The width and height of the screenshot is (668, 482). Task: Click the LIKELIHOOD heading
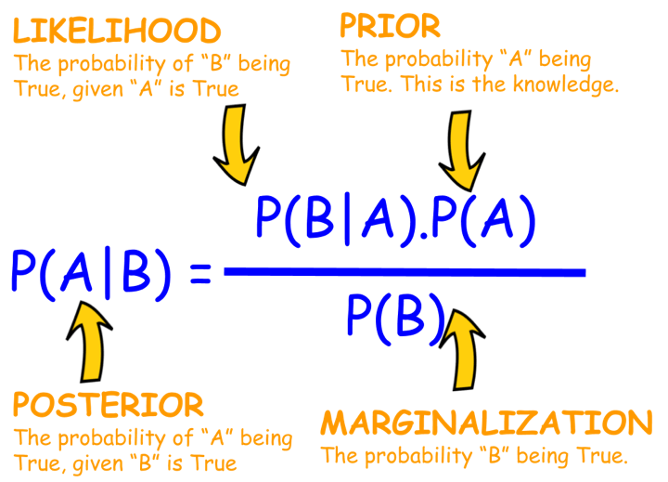[x=117, y=31]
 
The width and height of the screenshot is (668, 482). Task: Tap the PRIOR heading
[x=390, y=26]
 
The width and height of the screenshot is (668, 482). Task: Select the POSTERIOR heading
[x=109, y=405]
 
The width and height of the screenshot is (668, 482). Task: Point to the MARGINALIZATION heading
[x=486, y=423]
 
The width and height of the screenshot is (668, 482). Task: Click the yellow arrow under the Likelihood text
[x=237, y=144]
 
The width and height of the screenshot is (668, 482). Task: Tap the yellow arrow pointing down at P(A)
[x=462, y=150]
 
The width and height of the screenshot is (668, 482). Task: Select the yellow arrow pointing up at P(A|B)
[x=89, y=341]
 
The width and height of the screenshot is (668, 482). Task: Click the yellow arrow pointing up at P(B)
[x=462, y=350]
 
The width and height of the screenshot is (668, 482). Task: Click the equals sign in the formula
[x=200, y=274]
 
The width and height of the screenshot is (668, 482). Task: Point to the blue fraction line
[x=405, y=272]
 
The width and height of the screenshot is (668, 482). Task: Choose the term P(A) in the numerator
[x=483, y=221]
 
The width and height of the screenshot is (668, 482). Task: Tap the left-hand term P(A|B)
[x=91, y=274]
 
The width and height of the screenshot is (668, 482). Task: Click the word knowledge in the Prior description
[x=566, y=84]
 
